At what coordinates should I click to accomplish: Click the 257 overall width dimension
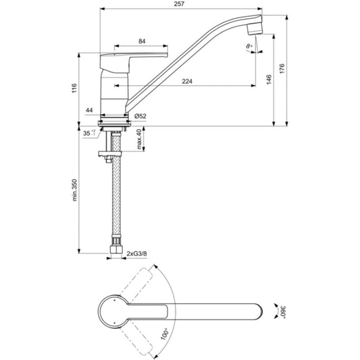pos(179,4)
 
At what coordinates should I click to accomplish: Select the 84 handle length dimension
pos(142,41)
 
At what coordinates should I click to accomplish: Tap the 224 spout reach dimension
pos(187,81)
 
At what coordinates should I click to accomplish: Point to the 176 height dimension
pos(282,69)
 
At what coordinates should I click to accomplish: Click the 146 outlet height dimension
pos(269,80)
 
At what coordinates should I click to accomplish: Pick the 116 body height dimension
pos(74,88)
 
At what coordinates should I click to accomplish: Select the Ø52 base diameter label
pos(140,116)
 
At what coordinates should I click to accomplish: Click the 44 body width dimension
pos(89,111)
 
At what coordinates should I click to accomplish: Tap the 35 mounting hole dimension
pos(89,133)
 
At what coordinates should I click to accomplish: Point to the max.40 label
pos(139,139)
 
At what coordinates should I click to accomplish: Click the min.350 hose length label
pos(74,190)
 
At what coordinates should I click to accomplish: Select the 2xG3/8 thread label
pos(137,254)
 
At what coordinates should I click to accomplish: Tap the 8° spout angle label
pos(249,46)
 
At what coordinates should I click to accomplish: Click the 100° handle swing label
pos(164,334)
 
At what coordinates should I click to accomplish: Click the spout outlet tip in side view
pos(255,29)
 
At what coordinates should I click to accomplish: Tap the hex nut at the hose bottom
pos(116,249)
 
